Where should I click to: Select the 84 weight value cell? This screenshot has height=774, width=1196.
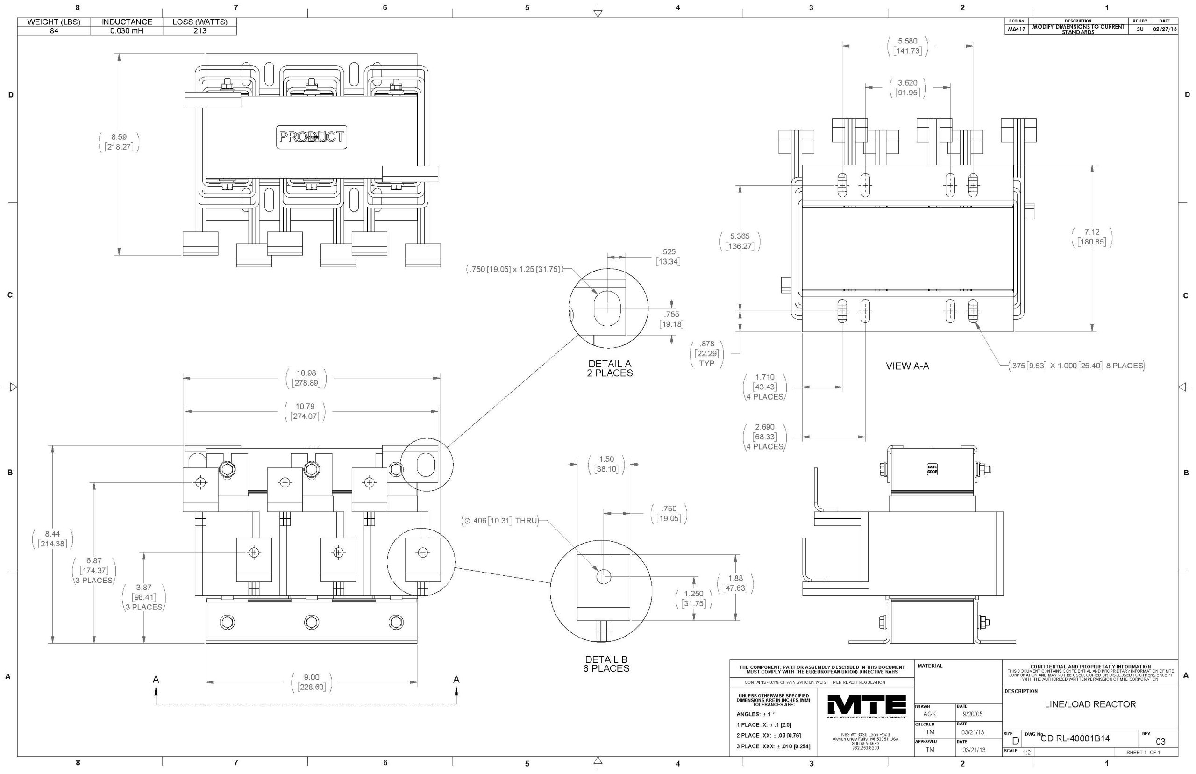(x=54, y=31)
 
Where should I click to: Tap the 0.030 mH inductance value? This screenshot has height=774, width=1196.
(x=127, y=31)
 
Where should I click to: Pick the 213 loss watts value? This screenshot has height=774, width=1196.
(x=200, y=31)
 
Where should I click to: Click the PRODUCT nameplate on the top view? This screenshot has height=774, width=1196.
(x=312, y=136)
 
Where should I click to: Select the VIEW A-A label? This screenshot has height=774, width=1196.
(x=907, y=366)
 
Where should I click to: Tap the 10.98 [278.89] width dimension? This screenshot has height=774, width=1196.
(x=306, y=378)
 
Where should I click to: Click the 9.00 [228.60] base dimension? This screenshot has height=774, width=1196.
(x=312, y=682)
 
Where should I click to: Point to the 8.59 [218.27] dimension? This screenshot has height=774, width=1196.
(x=119, y=142)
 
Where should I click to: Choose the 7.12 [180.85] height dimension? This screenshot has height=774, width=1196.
(x=1091, y=236)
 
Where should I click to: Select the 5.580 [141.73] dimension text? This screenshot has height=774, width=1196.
(x=907, y=46)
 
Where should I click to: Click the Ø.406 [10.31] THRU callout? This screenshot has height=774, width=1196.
(x=500, y=521)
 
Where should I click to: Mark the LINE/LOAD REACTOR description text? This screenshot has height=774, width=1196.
(x=1090, y=704)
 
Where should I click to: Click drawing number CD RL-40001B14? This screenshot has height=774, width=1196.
(x=1075, y=738)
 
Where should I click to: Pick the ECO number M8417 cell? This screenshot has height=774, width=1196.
(x=1013, y=29)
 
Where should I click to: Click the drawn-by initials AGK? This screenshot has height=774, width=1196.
(x=929, y=714)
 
